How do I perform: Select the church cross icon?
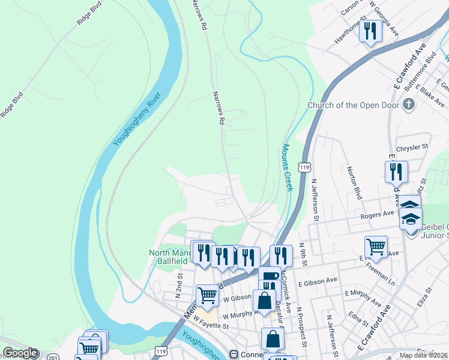(408, 106)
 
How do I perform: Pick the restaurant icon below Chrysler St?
(396, 172)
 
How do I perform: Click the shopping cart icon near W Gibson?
(207, 295)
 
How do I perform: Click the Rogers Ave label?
(376, 214)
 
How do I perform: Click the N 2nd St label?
(178, 287)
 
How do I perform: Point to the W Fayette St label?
(211, 326)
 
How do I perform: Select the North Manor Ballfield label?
(170, 257)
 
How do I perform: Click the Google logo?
(20, 353)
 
